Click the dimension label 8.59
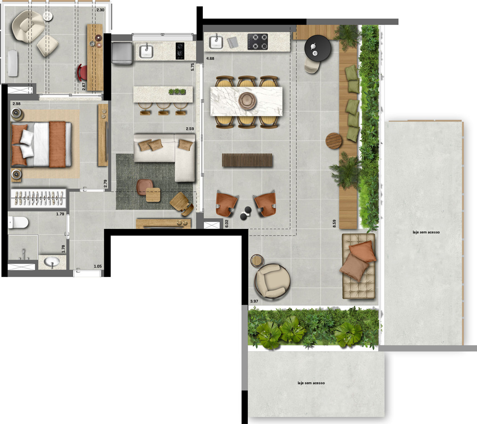(x=334, y=224)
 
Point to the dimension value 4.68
(x=210, y=58)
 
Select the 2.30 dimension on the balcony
(x=100, y=10)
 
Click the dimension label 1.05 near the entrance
(x=98, y=267)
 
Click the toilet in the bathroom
(x=18, y=222)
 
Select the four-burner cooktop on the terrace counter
(x=258, y=41)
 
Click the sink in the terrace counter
(x=216, y=41)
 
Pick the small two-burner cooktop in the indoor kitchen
(x=180, y=51)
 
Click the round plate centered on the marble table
(x=246, y=100)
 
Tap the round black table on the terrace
(x=318, y=48)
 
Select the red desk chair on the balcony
(x=82, y=73)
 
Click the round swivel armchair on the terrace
(x=272, y=281)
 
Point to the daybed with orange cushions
(x=358, y=266)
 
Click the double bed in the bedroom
(x=42, y=144)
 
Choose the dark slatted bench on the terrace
(x=247, y=160)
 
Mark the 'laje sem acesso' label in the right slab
(x=424, y=232)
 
